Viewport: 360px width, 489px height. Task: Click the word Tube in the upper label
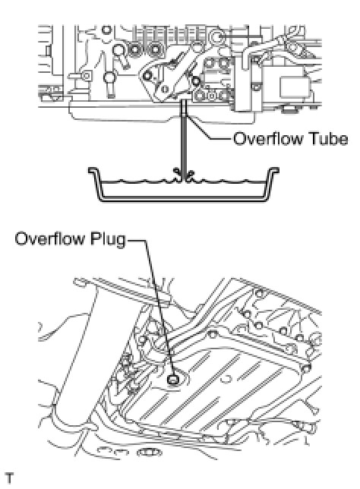tap(328, 138)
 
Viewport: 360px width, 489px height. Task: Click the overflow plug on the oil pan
tap(172, 379)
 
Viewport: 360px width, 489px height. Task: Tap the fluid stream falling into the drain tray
tap(184, 140)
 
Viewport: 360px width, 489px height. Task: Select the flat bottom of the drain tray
tap(184, 199)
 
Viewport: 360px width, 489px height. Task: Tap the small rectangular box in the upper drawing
tap(295, 87)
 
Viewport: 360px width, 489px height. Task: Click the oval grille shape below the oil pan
tap(150, 452)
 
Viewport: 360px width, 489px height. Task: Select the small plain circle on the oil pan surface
tap(226, 378)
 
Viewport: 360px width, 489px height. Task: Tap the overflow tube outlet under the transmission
tap(184, 108)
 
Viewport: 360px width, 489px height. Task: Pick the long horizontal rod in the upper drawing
tap(241, 36)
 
